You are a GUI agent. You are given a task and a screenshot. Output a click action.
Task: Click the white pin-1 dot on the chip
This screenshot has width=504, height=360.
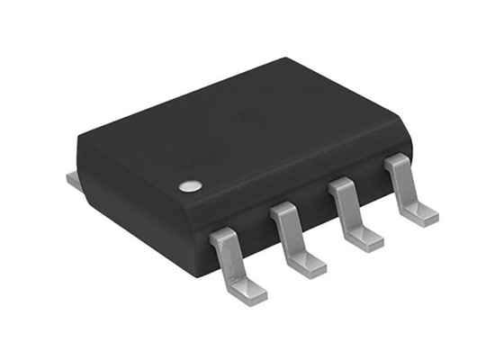tap(188, 186)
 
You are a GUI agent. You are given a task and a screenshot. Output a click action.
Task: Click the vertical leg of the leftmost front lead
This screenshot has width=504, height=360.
tap(229, 261)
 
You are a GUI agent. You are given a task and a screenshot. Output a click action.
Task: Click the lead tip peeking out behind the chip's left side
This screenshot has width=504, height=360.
tap(72, 180)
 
